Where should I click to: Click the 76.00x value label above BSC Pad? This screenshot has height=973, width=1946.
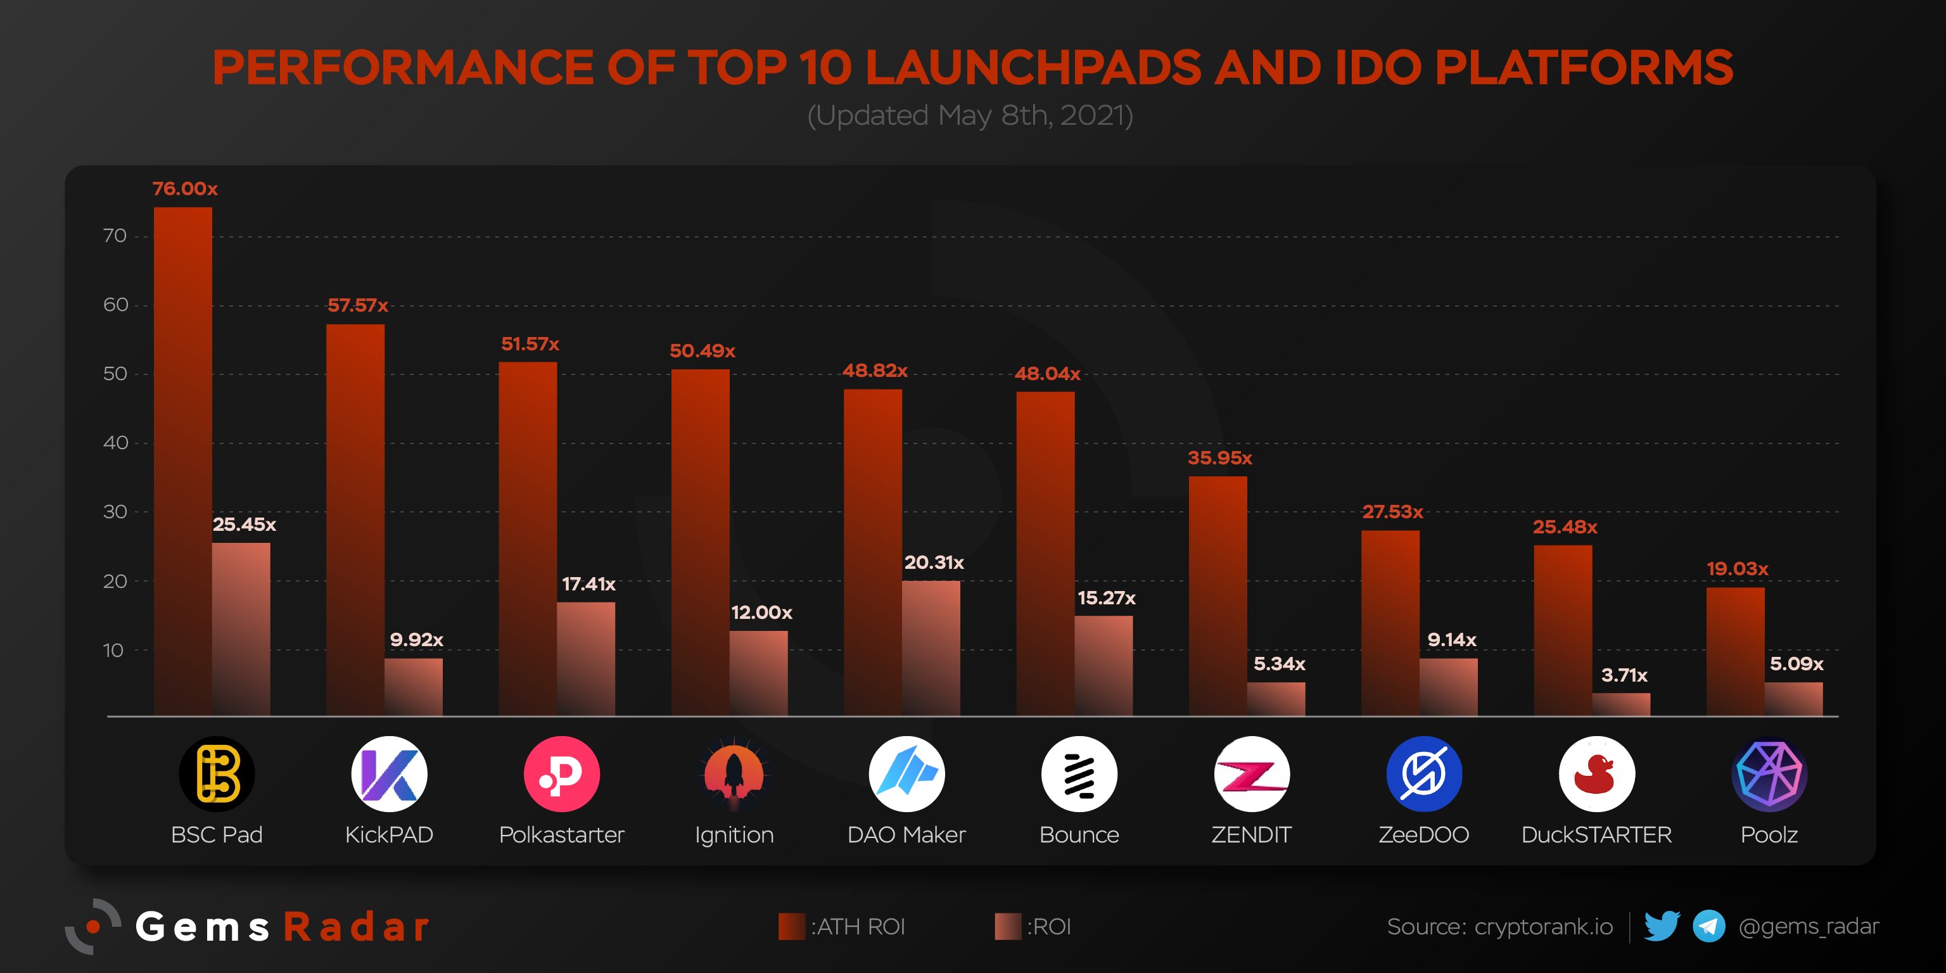(184, 189)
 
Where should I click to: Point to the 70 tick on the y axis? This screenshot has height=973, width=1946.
(115, 236)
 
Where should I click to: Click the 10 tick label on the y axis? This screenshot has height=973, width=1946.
(113, 651)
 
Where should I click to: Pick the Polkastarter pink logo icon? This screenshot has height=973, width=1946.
(561, 774)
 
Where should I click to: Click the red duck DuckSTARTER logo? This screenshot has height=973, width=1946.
(1596, 774)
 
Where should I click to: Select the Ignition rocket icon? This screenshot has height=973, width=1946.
(734, 774)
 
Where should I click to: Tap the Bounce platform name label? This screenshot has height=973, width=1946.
(1079, 835)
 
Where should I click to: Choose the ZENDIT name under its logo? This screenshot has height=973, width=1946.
(1251, 835)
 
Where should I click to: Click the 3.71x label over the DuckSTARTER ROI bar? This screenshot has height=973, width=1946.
(1624, 675)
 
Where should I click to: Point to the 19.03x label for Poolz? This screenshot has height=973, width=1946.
(1738, 569)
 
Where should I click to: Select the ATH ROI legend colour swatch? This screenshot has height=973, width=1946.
(792, 927)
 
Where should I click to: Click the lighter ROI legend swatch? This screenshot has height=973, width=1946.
(1008, 927)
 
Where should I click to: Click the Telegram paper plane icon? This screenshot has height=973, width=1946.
(1709, 926)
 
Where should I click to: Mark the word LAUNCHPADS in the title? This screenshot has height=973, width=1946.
(1033, 68)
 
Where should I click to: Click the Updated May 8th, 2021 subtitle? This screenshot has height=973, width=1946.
(970, 115)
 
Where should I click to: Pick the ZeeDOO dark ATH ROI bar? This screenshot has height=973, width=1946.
(1390, 623)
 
